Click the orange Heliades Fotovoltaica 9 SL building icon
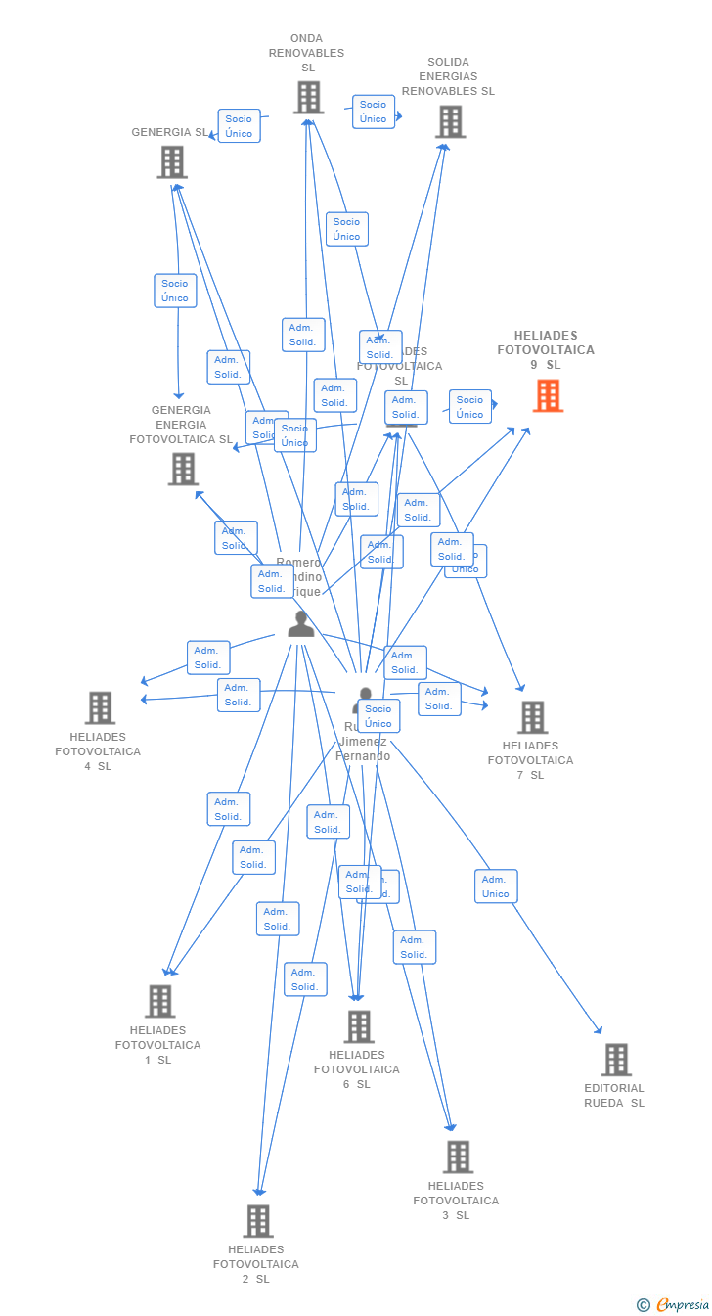coord(548,396)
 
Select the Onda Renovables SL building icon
coord(308,98)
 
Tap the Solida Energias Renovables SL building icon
coord(450,122)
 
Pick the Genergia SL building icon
coord(172,162)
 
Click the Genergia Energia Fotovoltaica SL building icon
coord(183,470)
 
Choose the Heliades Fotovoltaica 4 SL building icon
coord(100,707)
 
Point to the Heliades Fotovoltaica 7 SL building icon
coord(532,717)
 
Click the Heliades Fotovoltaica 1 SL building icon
coord(160,1001)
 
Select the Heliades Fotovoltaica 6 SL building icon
coord(359,1026)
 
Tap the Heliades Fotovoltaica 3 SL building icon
coord(458,1157)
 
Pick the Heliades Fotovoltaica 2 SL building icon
coord(258,1221)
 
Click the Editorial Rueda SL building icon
coord(615,1060)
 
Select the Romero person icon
coord(301,623)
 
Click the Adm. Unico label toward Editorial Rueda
coord(496,886)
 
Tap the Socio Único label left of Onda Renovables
coord(239,126)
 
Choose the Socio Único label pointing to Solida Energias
coord(373,112)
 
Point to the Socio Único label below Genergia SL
coord(175,291)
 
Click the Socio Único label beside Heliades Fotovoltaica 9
coord(469,406)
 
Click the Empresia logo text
coord(682,1304)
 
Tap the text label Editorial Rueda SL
coord(614,1095)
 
